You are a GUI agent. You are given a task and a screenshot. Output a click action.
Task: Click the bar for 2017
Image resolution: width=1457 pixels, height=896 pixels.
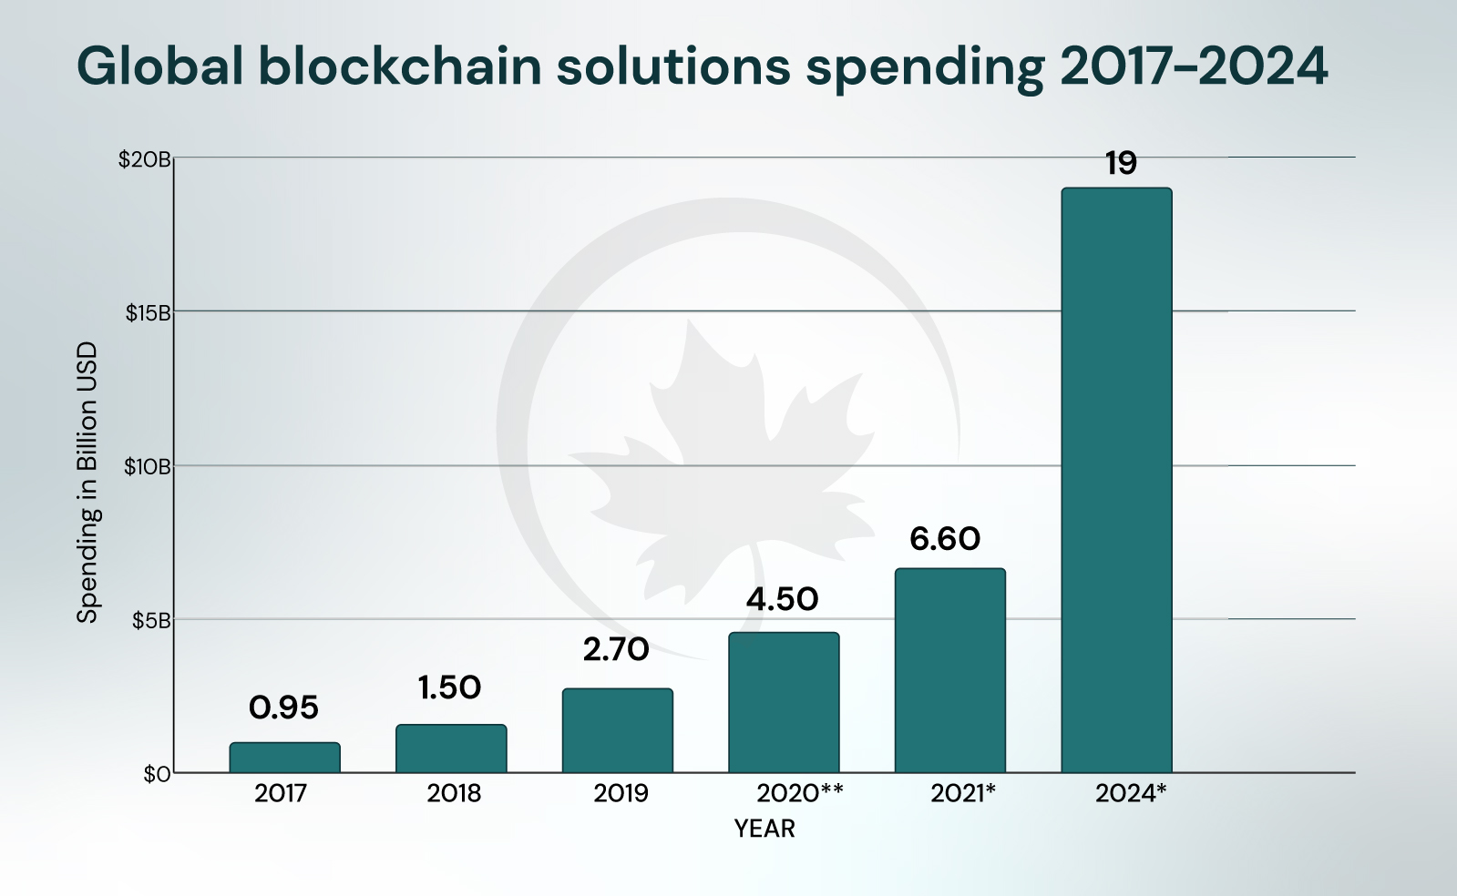point(284,758)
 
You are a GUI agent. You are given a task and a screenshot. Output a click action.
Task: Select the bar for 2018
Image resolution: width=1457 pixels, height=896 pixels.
point(451,748)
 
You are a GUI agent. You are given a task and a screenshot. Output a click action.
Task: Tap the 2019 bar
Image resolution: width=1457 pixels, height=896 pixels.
point(617,730)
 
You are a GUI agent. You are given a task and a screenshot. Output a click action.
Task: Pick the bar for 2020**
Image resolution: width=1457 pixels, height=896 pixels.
point(784,702)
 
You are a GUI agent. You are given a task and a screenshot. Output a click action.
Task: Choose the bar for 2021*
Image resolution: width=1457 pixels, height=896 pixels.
point(949,670)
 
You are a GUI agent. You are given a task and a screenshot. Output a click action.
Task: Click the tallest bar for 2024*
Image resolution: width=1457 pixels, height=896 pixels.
point(1116,480)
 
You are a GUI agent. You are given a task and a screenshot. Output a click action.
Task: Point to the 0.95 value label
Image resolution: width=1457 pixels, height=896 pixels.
point(283,708)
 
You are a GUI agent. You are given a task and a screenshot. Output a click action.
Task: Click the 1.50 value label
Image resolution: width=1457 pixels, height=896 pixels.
point(449,687)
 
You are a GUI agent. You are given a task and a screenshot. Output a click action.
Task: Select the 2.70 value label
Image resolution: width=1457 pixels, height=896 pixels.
point(616,649)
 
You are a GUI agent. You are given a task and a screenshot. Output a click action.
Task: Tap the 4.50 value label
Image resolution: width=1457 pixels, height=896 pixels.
point(782,599)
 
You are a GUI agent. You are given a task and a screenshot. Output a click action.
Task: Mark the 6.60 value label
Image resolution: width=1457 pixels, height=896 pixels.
point(945,539)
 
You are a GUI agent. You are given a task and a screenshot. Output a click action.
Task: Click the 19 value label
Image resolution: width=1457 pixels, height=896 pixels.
point(1121,164)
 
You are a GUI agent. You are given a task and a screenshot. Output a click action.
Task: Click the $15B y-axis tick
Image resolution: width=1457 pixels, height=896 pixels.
point(148,313)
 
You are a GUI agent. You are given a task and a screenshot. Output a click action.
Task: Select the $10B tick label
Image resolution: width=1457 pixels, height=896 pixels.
point(148,467)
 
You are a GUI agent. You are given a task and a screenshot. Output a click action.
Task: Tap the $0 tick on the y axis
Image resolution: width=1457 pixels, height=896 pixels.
point(157,774)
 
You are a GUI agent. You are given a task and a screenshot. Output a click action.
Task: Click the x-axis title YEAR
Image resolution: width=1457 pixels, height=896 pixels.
point(764,829)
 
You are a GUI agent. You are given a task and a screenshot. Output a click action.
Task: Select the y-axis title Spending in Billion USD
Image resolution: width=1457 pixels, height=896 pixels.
point(87,483)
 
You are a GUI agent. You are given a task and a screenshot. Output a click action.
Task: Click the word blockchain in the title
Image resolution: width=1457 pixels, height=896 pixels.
point(401,66)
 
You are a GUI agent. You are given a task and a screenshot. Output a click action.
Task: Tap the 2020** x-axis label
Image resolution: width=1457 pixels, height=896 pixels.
point(799,793)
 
